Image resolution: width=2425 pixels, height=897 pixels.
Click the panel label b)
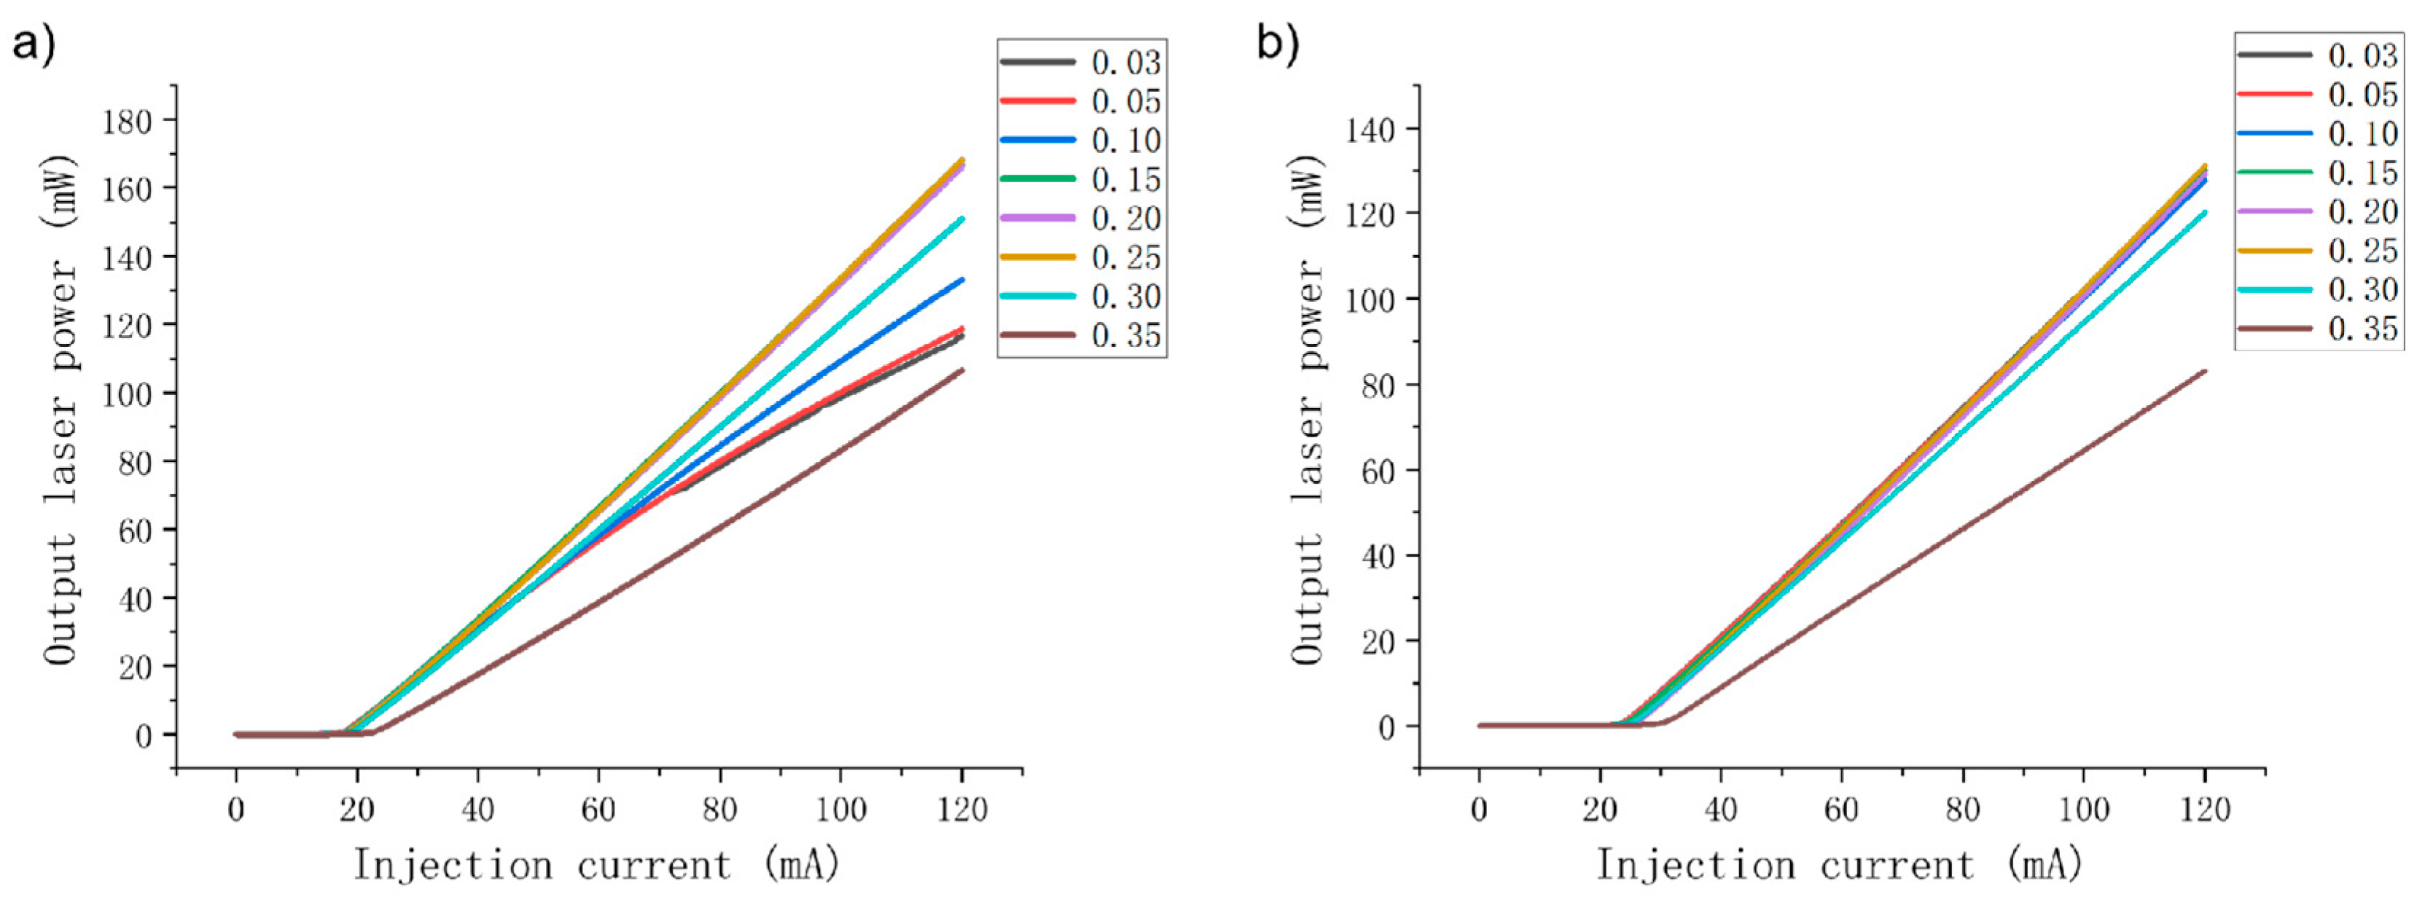coord(1278,42)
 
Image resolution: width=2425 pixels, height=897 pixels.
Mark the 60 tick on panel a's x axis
coord(598,809)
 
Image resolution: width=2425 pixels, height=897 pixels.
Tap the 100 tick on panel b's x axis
coord(2083,809)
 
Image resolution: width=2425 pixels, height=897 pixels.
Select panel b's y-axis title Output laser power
coord(1308,410)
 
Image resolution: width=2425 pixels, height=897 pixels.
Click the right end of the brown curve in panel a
coord(961,370)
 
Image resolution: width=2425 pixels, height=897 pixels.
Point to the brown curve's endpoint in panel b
coord(2203,371)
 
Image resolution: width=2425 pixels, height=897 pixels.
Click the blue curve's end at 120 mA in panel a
coord(961,280)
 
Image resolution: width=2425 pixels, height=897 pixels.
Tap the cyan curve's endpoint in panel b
coord(2203,212)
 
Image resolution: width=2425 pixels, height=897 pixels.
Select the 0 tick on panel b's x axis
coord(1479,809)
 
